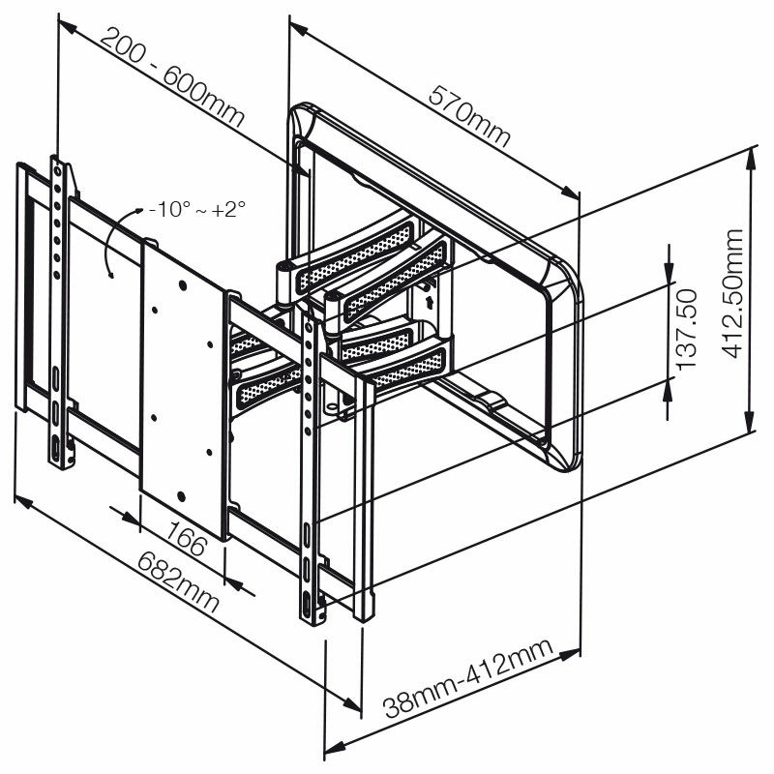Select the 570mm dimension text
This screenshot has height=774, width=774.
click(471, 113)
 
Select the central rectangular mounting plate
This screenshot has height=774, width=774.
click(184, 387)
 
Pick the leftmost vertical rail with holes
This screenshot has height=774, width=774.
click(61, 310)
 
